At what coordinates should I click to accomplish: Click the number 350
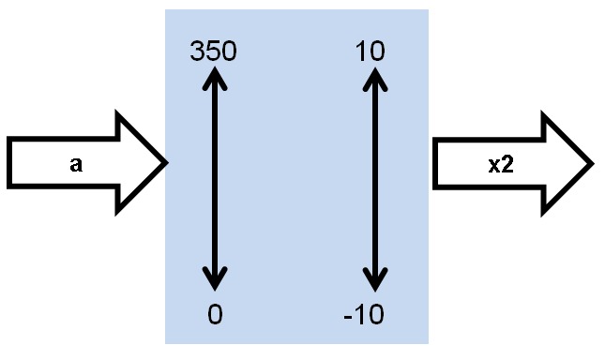click(x=214, y=52)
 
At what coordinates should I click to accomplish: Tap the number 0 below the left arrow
click(x=216, y=315)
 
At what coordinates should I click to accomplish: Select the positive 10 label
click(x=371, y=52)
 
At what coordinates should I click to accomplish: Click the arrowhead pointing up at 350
click(x=216, y=77)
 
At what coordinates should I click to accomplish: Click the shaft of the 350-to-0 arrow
click(x=216, y=178)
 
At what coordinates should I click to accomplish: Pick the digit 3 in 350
click(x=198, y=52)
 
